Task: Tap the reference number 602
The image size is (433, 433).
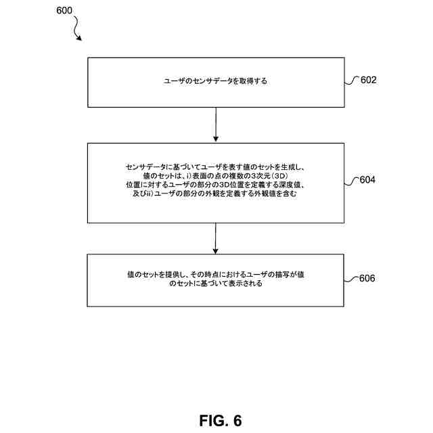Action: coord(368,80)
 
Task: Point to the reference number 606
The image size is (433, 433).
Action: coord(368,278)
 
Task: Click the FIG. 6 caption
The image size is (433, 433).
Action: coord(221,419)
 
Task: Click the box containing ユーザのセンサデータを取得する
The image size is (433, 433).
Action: coord(215,82)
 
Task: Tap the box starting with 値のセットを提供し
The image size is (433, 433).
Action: coord(215,280)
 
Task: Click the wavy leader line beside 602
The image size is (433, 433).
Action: coord(350,81)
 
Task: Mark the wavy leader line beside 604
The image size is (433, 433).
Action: coord(350,181)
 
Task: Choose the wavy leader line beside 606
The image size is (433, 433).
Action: coord(350,279)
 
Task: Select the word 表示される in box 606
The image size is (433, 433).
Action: coord(246,285)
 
